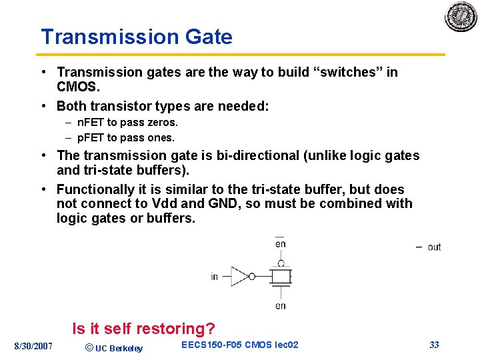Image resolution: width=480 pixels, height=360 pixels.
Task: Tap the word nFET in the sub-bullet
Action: coord(91,123)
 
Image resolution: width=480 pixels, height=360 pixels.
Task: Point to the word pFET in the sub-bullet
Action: coord(91,138)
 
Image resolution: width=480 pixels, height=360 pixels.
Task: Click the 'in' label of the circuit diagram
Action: coord(215,277)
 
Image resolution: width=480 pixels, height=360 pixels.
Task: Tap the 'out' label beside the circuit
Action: coord(434,247)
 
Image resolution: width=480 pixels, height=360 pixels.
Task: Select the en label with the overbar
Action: coord(280,243)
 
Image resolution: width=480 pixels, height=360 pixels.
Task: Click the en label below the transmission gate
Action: coord(280,306)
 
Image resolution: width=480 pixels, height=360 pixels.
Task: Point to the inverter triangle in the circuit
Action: coord(240,276)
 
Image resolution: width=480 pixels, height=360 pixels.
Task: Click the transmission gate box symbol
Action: coord(281,276)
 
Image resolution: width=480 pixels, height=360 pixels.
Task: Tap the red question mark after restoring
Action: coord(211,329)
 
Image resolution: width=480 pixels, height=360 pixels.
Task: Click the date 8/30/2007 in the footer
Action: coord(33,346)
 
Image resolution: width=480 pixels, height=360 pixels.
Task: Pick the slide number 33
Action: coord(434,345)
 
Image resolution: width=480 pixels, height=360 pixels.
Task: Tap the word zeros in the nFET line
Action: coord(164,123)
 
